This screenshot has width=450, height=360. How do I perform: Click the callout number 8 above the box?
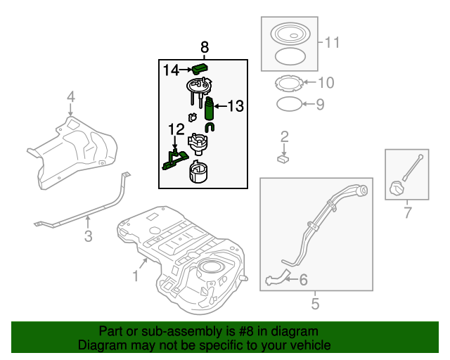tap(205, 47)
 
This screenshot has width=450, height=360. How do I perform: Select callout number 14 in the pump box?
tap(172, 70)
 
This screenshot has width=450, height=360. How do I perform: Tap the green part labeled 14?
tap(201, 68)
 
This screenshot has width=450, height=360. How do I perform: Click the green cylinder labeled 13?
tap(209, 110)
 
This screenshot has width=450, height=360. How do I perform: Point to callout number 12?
tap(175, 129)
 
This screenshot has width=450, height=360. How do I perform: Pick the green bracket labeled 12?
tap(172, 160)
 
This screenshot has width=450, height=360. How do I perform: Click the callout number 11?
tap(331, 43)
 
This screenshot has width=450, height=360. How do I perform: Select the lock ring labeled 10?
tap(286, 84)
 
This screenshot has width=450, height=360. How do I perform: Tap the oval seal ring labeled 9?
tap(288, 105)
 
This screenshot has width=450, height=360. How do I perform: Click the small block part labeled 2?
tap(284, 160)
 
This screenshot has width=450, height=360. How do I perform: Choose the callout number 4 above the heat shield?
tap(70, 96)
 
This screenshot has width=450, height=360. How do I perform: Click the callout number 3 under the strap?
tap(88, 236)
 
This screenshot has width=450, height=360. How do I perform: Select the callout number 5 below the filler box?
tap(315, 304)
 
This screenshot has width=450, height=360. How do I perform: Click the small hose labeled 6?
tap(278, 279)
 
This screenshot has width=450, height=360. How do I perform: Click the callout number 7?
tap(406, 212)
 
